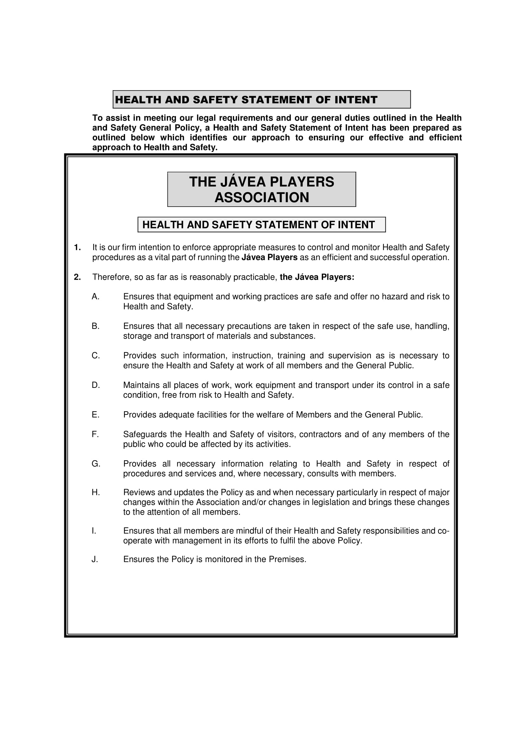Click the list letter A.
95,296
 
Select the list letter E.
95,415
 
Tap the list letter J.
94,559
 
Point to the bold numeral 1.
77,247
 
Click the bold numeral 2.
77,277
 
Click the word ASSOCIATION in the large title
262,197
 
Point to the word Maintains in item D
142,385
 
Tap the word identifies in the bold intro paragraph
208,138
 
